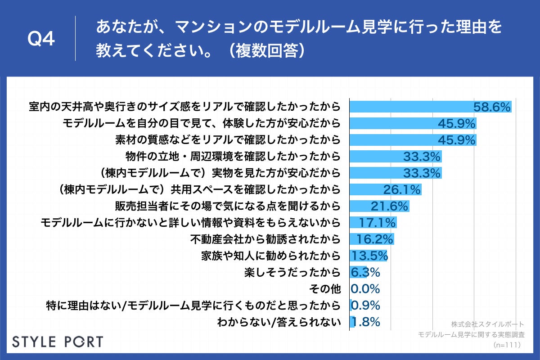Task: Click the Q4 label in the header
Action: (x=41, y=39)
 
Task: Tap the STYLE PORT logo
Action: (x=57, y=342)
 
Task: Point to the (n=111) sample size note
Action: (x=507, y=345)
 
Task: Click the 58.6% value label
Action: (x=492, y=107)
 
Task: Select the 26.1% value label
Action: (x=402, y=189)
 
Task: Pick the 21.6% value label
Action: (x=389, y=206)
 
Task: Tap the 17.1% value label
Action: (x=377, y=222)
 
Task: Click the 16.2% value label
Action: (x=375, y=239)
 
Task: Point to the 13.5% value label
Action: (x=369, y=256)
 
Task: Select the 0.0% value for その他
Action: (x=365, y=288)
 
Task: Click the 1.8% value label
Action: (x=365, y=322)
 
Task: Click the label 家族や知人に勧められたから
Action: (x=271, y=256)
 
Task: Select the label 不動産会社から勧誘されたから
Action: (x=264, y=239)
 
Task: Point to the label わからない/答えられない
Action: (x=279, y=322)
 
